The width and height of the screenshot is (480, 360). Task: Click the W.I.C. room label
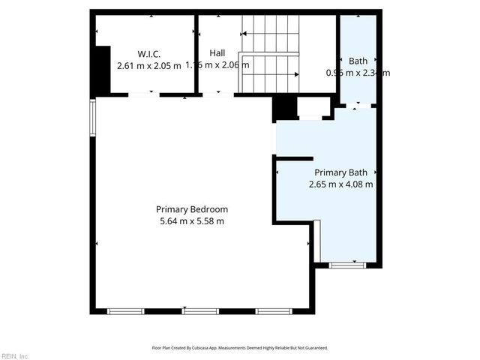(x=149, y=54)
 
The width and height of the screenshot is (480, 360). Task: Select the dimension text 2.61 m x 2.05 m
(x=149, y=65)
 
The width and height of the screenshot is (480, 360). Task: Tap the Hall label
(x=217, y=53)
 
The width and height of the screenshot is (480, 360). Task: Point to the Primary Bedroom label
(x=192, y=209)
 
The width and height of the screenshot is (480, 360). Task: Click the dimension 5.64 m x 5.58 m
(x=192, y=221)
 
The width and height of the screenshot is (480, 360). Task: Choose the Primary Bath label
(x=340, y=172)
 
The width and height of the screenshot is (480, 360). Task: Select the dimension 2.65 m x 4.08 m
(x=340, y=184)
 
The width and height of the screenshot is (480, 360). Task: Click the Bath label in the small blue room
(x=357, y=61)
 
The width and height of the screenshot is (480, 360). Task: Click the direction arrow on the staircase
(x=298, y=74)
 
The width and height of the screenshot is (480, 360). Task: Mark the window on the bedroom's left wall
(x=93, y=118)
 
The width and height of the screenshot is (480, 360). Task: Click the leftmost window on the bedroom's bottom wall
(x=124, y=310)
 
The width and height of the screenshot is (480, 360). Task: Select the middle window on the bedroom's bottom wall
(x=200, y=310)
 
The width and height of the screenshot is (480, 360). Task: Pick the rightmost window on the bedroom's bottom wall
(x=274, y=310)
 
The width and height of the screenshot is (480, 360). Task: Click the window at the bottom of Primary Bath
(x=347, y=264)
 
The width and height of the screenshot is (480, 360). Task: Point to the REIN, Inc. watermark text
(x=15, y=355)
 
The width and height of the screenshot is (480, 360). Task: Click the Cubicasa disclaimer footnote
(x=240, y=348)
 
